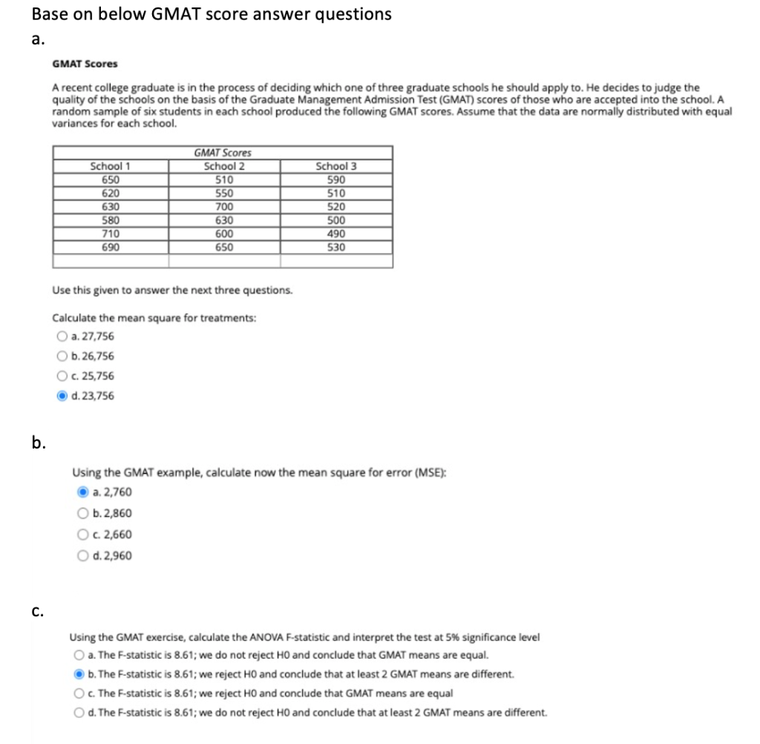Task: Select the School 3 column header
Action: click(336, 166)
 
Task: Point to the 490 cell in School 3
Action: click(336, 233)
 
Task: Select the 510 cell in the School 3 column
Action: click(336, 193)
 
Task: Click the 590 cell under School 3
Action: click(336, 180)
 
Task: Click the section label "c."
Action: click(37, 612)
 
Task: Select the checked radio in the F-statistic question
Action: click(79, 674)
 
